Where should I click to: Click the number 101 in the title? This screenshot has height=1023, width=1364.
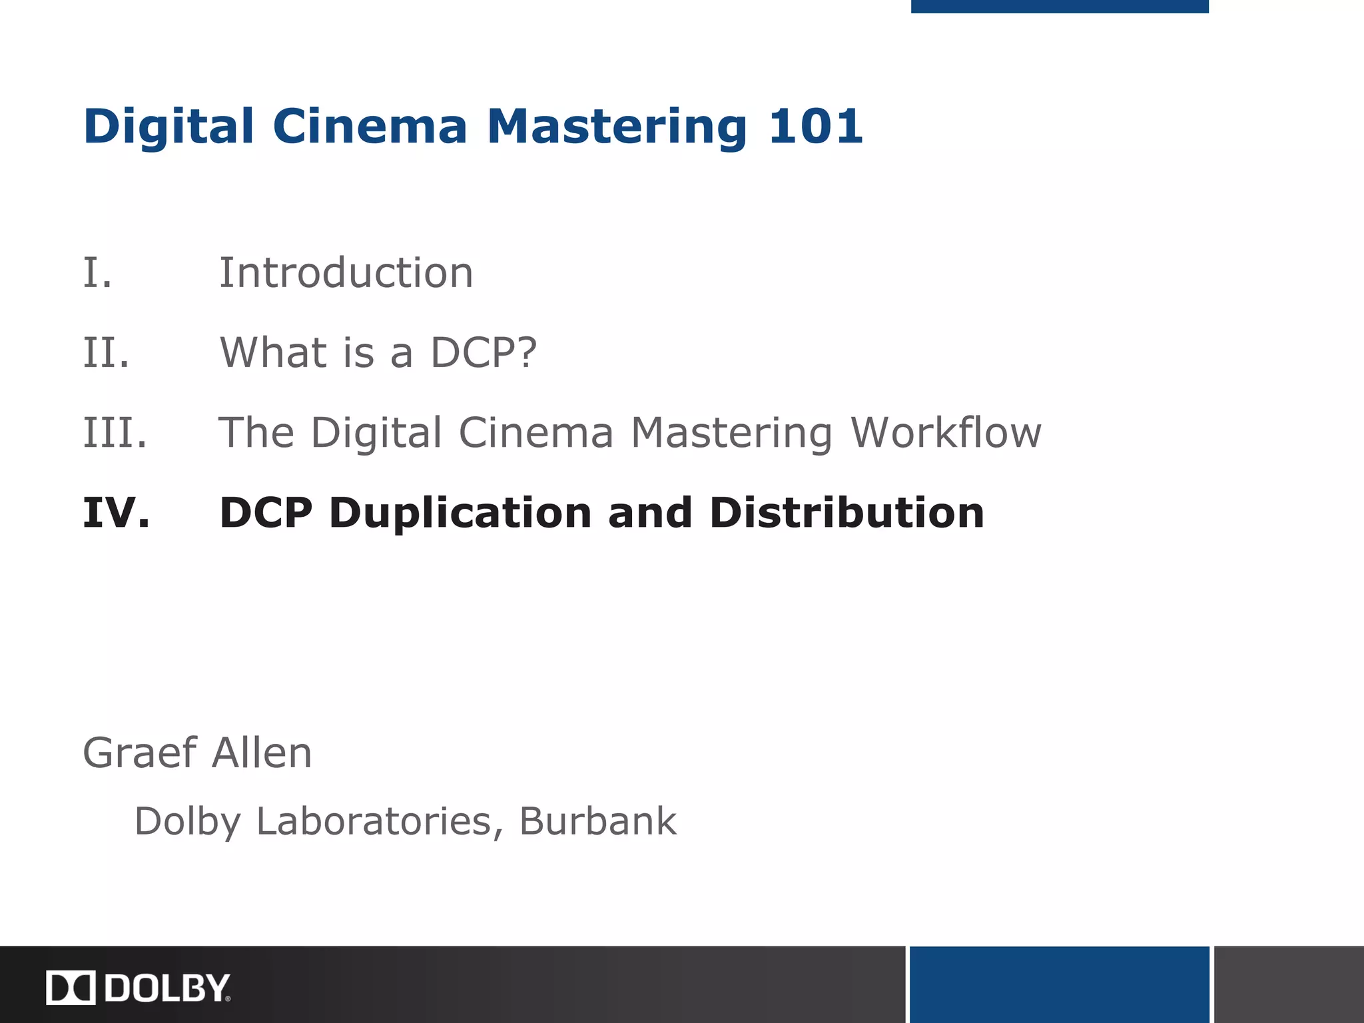[x=815, y=126]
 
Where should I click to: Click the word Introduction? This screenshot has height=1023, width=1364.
[x=346, y=273]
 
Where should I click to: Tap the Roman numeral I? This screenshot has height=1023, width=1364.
[x=97, y=273]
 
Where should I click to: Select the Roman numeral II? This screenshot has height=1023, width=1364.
[x=106, y=353]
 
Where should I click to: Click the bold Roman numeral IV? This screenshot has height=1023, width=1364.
[x=117, y=513]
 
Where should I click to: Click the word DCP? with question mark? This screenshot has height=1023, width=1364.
[x=484, y=353]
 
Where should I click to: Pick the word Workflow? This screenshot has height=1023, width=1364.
[x=946, y=433]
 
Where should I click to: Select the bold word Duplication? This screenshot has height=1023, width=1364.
[x=460, y=513]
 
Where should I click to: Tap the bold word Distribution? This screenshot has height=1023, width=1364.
[x=847, y=513]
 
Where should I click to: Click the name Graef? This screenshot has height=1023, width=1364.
[x=140, y=753]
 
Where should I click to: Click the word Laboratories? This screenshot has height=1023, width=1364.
[x=374, y=821]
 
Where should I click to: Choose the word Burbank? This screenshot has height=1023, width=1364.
[x=597, y=821]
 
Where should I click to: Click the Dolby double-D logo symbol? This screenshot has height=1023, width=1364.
[x=71, y=988]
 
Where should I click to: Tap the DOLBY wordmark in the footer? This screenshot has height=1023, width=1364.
[x=167, y=988]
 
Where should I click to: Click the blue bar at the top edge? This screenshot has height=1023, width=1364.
[x=1059, y=6]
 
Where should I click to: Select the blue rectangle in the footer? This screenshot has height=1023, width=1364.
[x=1059, y=984]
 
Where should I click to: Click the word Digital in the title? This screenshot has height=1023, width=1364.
[x=169, y=126]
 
